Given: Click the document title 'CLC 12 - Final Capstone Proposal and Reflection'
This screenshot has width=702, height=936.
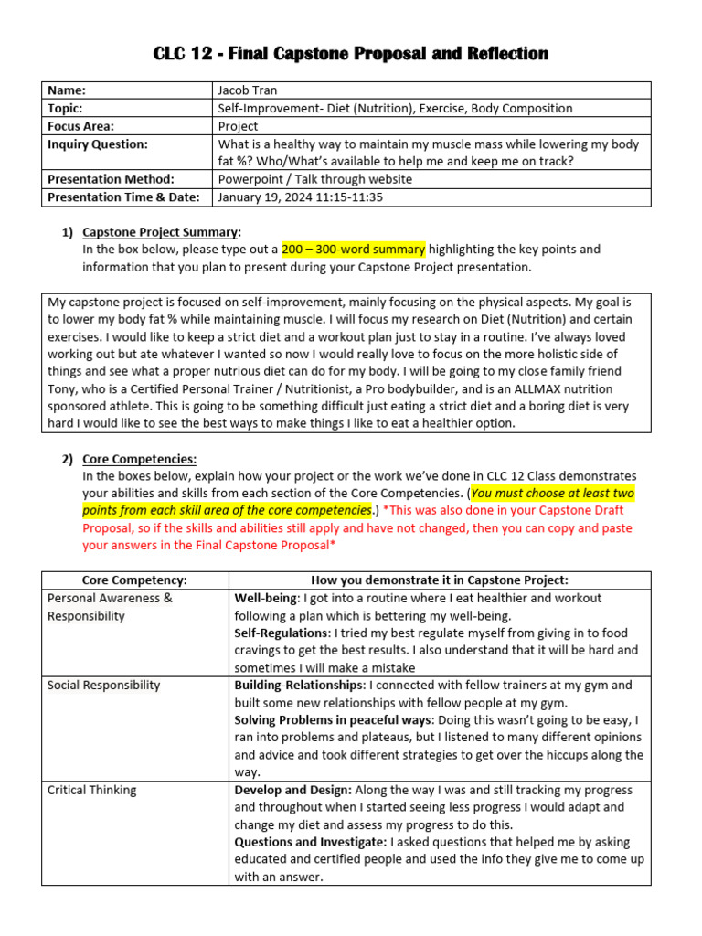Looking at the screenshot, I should (x=351, y=54).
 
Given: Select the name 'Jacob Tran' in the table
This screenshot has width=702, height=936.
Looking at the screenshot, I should (x=248, y=90).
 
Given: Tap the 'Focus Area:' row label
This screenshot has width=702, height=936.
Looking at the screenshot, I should (x=81, y=126).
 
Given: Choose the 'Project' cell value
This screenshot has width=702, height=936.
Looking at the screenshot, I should (x=238, y=126).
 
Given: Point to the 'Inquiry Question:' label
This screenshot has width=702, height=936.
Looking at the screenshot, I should (x=97, y=144).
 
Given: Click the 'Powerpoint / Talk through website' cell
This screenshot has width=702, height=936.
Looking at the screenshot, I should (x=314, y=179).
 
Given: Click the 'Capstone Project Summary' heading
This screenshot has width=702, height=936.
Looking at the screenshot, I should (x=161, y=232).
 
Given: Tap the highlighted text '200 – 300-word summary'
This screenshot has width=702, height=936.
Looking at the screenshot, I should (x=353, y=250).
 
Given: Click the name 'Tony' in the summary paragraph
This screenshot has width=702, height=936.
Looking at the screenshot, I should (x=64, y=389).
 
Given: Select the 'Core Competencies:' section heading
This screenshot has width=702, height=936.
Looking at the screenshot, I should (x=139, y=460).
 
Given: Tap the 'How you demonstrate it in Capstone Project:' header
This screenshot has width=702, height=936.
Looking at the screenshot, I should (x=440, y=580).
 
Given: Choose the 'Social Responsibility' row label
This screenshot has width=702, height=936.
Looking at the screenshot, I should (x=103, y=686).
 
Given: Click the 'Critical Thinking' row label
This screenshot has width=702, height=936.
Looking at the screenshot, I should (x=92, y=790).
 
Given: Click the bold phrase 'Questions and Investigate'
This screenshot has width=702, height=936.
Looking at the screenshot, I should (x=310, y=842).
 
